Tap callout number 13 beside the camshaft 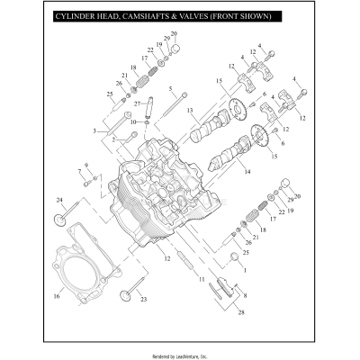(190, 111)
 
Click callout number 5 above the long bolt (170, 88)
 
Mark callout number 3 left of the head (94, 131)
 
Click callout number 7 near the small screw (79, 170)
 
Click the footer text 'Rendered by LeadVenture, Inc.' (179, 352)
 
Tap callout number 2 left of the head (112, 140)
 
